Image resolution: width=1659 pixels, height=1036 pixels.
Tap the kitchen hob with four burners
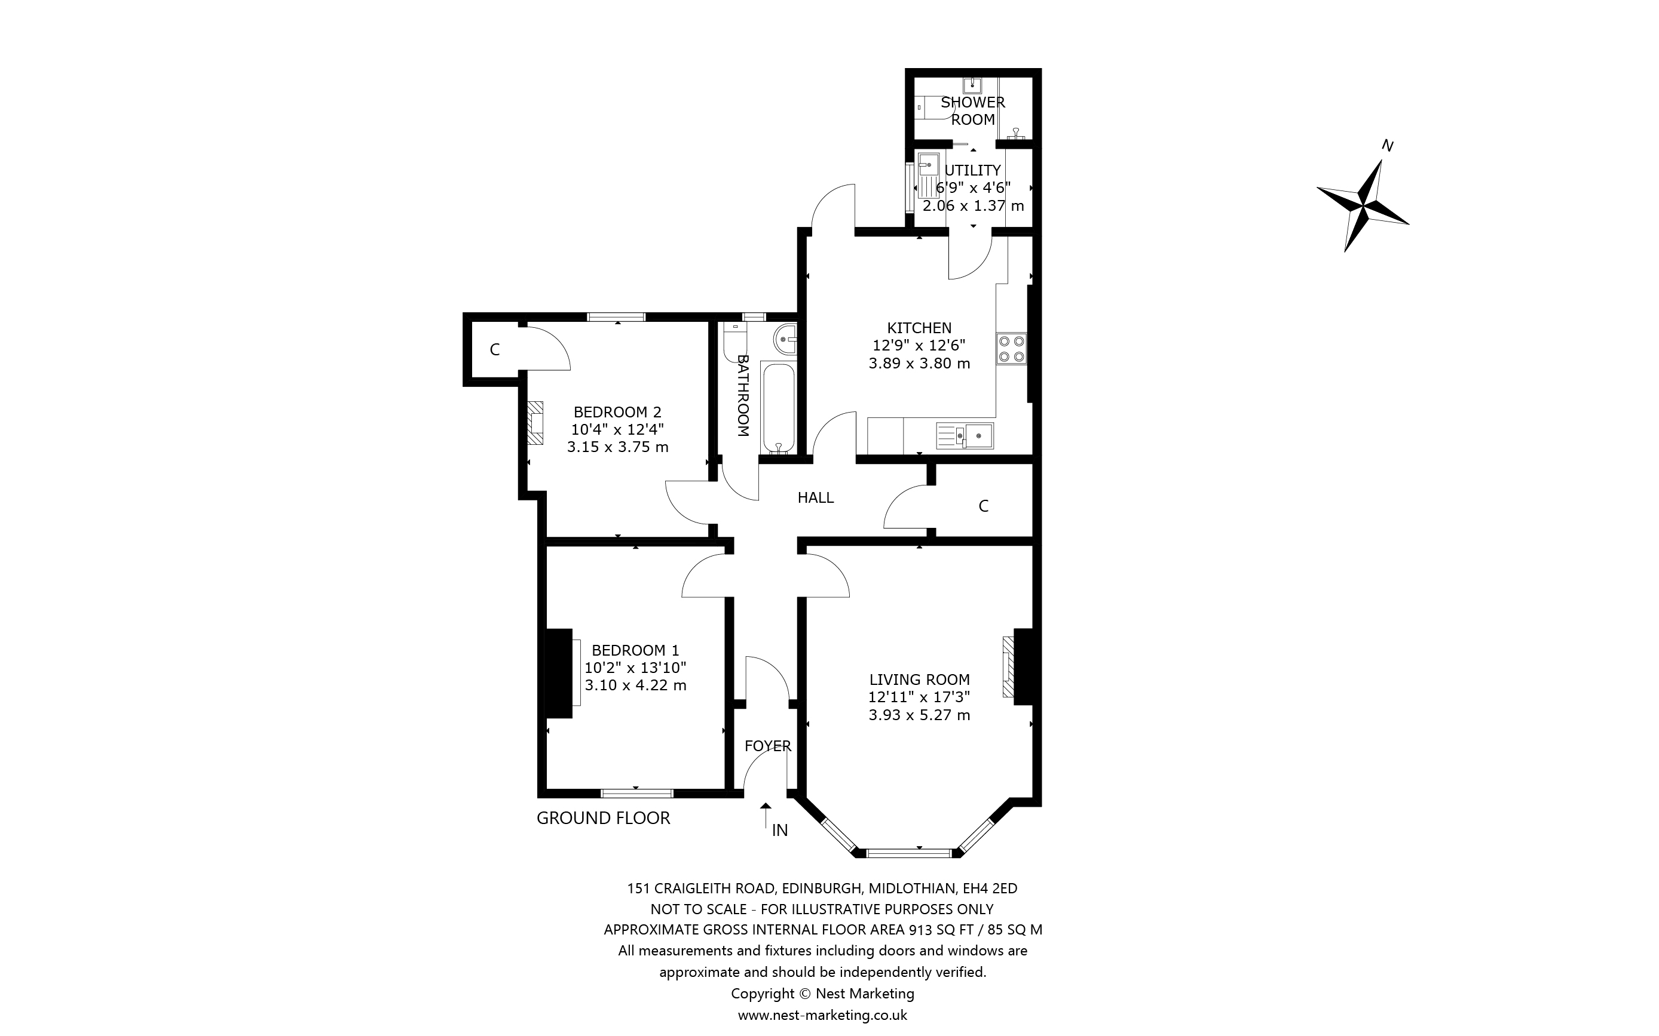coord(1012,349)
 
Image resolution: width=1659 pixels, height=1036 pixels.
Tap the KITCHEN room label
coord(919,328)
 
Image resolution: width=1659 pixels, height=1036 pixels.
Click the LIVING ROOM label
coord(919,680)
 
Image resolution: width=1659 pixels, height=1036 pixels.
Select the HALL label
coord(815,498)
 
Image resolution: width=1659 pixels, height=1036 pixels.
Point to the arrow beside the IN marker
coord(766,816)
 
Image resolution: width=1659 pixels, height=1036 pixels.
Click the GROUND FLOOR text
coord(602,818)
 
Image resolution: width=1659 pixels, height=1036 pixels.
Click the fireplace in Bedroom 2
coord(535,423)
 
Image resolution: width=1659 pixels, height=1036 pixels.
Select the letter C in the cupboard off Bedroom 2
coord(494,350)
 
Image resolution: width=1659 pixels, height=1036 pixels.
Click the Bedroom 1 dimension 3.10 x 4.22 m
coord(635,685)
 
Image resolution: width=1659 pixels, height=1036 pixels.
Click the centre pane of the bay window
coord(909,853)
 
